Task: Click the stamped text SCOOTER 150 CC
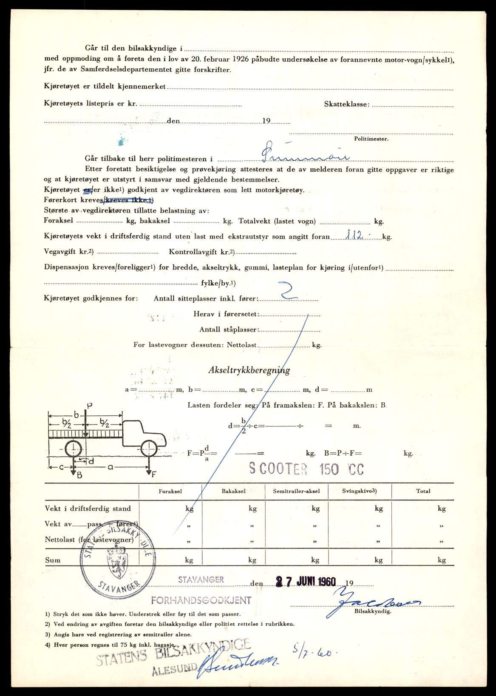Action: tap(306, 469)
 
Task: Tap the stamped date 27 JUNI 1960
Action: tap(306, 581)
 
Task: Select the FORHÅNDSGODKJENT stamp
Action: tap(201, 600)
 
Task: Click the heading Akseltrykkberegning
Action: tap(249, 370)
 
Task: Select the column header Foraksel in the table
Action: tap(170, 491)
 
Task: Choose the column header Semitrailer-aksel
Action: tap(296, 491)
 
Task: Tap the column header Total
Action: tap(423, 491)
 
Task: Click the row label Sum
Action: tap(53, 560)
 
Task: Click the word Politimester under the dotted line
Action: tap(371, 139)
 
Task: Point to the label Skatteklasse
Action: tap(346, 104)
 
